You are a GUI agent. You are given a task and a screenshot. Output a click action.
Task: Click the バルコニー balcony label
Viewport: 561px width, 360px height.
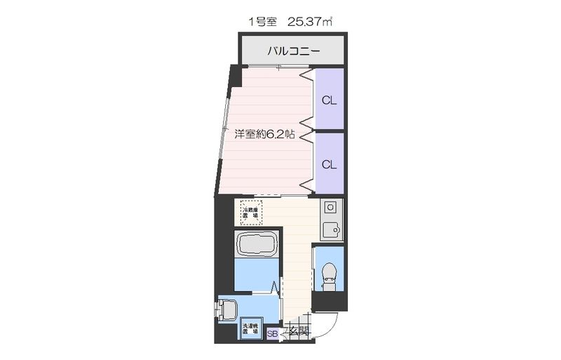point(294,51)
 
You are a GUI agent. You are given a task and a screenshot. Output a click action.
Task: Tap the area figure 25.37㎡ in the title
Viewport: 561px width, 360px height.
point(306,22)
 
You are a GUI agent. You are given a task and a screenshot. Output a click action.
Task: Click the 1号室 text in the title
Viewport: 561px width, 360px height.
point(261,22)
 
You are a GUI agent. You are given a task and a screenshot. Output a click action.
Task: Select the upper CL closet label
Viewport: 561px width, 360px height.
point(329,100)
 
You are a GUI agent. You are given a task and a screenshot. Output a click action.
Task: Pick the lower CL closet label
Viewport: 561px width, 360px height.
point(329,164)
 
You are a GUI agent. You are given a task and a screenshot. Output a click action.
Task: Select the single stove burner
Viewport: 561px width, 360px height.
point(330,208)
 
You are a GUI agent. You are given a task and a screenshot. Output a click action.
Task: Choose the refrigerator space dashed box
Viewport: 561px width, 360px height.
point(250,212)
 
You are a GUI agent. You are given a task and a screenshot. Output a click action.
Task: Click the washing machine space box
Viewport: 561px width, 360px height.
point(251,329)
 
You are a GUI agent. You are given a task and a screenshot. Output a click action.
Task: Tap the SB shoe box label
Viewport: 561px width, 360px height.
point(272,334)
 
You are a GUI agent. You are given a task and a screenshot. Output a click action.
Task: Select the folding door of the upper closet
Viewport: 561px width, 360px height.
point(307,98)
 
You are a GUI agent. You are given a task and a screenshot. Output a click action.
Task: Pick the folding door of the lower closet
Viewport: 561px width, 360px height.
point(307,163)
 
